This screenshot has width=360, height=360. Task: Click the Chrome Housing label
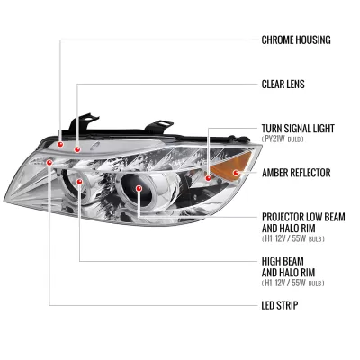[296, 40]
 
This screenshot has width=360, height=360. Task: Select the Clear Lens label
[283, 84]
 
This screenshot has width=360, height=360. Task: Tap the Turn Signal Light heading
[298, 129]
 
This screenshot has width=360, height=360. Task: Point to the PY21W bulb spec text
[283, 139]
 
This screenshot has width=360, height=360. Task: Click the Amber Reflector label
[296, 173]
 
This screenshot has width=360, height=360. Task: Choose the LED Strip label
[280, 305]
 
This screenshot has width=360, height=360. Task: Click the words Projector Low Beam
[303, 217]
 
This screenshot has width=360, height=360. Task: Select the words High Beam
[283, 261]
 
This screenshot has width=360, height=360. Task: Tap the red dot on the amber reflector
[236, 173]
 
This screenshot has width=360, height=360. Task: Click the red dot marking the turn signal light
[208, 178]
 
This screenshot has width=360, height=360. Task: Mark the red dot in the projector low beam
[139, 188]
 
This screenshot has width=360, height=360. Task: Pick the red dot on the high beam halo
[79, 182]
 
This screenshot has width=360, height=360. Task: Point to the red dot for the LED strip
[49, 162]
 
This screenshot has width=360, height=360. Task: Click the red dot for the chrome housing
[60, 145]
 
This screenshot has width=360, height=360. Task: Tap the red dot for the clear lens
[77, 149]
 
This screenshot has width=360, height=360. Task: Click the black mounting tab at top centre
[158, 127]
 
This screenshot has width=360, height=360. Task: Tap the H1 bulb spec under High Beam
[293, 283]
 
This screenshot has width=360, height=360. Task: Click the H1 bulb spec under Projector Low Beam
[293, 239]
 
